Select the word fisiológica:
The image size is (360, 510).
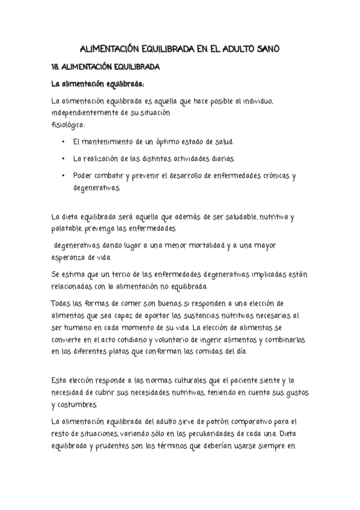69,125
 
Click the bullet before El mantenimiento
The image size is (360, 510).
64,143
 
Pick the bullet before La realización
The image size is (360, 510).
64,159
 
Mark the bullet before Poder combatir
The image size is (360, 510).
64,176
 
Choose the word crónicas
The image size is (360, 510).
270,176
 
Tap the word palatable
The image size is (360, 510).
69,229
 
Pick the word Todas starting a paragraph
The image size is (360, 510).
61,303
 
